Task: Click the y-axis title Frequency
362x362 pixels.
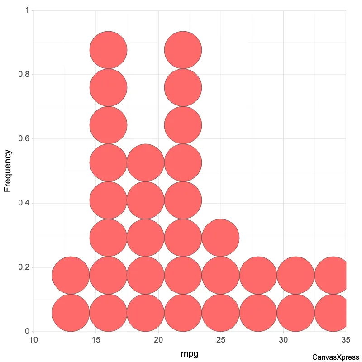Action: (8, 171)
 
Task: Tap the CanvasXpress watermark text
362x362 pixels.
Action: (335, 357)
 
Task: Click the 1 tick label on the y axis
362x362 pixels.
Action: (27, 10)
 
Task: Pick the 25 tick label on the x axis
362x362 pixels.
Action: (221, 339)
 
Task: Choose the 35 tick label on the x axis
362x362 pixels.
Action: (346, 339)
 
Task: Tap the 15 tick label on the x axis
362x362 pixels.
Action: (96, 339)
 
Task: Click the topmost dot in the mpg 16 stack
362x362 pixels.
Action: (108, 50)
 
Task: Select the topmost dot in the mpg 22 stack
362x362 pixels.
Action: (183, 50)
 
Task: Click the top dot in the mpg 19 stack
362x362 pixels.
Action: (145, 162)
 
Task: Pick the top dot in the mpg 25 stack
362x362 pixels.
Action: (220, 238)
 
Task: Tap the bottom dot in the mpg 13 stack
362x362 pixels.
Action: (71, 313)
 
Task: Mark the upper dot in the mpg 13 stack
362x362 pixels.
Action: (71, 275)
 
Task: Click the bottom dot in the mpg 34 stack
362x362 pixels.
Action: (333, 313)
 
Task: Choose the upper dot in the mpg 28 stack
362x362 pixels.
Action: (258, 275)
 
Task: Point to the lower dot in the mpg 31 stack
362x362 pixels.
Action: (295, 313)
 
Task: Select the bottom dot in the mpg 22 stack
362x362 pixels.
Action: (183, 313)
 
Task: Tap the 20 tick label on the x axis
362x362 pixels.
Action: (158, 339)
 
